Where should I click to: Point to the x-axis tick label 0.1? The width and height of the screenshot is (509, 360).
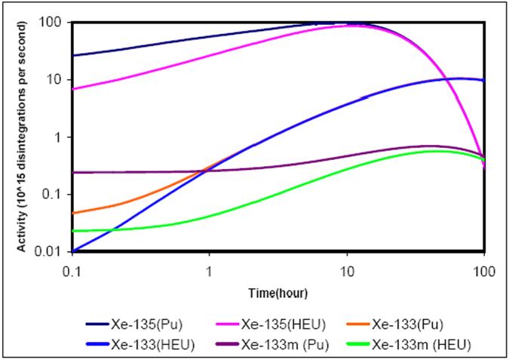coord(74,269)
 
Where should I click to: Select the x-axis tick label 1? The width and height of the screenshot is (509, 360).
coord(210,269)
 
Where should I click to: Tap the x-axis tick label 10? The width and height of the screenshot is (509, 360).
coord(347,269)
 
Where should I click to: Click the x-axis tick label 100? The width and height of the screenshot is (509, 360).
coord(483,269)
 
